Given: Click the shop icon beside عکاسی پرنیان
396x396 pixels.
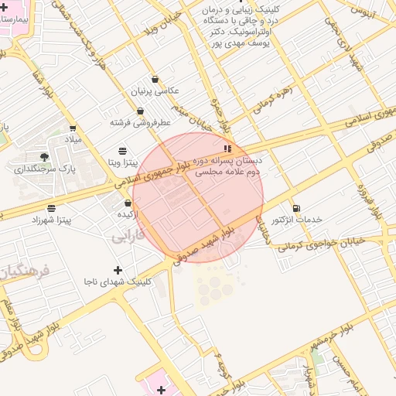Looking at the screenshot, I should point(155,79).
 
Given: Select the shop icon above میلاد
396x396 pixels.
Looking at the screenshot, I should point(73,128).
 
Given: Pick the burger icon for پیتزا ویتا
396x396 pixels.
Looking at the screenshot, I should point(123,150).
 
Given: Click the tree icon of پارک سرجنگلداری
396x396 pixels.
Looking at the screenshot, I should point(56,156).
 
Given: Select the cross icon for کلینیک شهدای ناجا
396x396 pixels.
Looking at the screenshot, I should point(118,270).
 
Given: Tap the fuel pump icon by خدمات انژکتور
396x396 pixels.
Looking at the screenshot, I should point(296,208).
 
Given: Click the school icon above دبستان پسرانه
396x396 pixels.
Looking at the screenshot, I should point(227,148).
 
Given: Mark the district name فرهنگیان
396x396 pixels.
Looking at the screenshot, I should point(23,271).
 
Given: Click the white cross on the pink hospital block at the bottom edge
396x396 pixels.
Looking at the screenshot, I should point(161,388).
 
